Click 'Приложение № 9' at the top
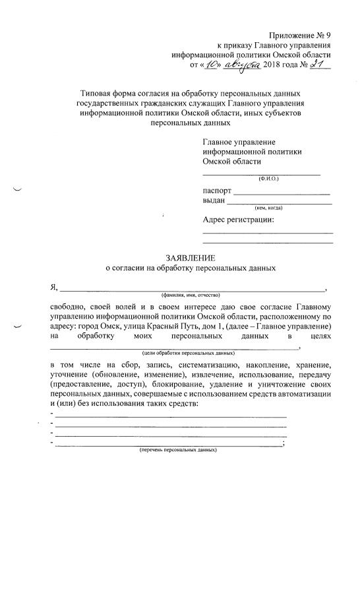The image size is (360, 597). [x=301, y=34]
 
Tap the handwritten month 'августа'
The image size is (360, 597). [x=242, y=65]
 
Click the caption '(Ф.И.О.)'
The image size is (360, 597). [x=268, y=179]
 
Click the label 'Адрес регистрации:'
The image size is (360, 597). [x=238, y=220]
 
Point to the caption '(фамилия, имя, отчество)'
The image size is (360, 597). [x=191, y=294]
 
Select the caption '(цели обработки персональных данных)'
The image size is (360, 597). [x=189, y=352]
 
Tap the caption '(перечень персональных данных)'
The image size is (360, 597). [x=177, y=450]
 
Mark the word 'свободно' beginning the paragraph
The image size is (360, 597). [x=69, y=307]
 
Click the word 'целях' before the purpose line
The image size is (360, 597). [x=318, y=336]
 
